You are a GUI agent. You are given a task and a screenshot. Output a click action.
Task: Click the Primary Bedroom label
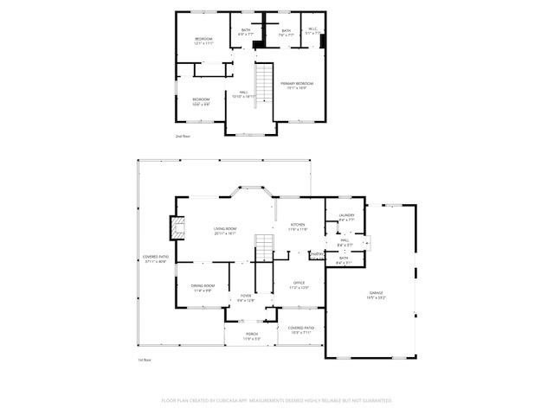point(297,85)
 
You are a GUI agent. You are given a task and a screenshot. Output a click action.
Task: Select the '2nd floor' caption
point(183,137)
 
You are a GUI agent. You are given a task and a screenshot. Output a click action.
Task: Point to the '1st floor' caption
point(145,360)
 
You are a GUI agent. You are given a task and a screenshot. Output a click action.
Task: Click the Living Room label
point(225,230)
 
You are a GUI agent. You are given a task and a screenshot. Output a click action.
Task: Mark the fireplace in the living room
point(177,228)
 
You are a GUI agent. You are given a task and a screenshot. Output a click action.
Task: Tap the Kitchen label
point(299,227)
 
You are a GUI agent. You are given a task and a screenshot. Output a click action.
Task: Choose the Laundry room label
point(346,217)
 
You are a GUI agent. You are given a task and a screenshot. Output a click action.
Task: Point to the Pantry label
point(316,253)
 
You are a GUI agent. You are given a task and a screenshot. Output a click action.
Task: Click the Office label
point(299,284)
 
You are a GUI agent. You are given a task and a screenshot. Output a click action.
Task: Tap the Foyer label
point(246,298)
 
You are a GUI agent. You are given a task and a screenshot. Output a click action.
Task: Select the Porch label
point(251,335)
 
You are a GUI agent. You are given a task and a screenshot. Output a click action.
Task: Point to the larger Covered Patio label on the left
point(156,259)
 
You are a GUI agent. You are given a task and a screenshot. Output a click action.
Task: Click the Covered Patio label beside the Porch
point(301,330)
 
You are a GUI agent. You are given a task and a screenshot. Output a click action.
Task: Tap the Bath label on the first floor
point(344,260)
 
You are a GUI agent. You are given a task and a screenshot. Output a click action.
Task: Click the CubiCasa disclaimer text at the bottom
point(277,400)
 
